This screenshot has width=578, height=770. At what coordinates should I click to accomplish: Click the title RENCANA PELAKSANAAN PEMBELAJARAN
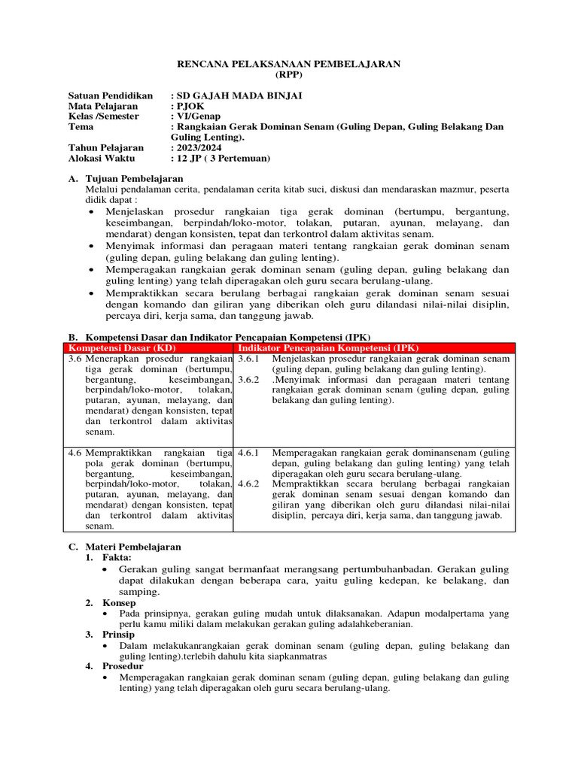point(288,65)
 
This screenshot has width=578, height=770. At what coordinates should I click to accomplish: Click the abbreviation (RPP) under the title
point(288,75)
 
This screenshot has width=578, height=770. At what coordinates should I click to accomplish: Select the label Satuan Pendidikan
point(110,95)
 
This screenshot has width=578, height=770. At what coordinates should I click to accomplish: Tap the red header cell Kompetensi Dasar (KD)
point(121,348)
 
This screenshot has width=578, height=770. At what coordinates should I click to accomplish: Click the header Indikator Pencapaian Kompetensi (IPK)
point(328,348)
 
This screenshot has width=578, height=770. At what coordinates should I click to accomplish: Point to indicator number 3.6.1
point(248,359)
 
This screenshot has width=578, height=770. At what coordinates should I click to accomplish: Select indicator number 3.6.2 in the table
point(248,380)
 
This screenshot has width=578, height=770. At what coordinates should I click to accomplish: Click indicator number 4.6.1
point(248,453)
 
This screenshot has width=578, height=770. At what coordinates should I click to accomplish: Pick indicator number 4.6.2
point(248,484)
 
